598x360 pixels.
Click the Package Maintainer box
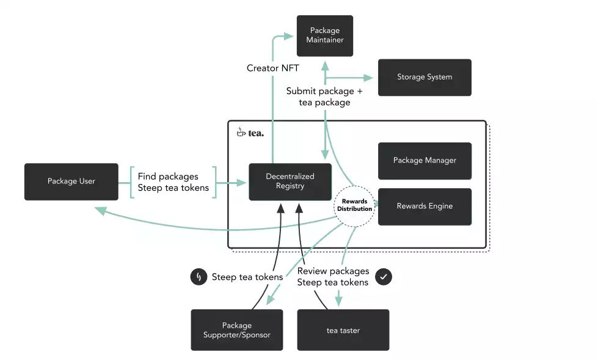[x=324, y=35]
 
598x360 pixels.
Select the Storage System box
[x=425, y=77]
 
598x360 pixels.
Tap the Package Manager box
[x=425, y=160]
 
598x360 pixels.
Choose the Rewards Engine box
[x=425, y=206]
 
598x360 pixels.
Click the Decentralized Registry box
[x=290, y=182]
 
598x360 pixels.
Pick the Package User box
[x=71, y=182]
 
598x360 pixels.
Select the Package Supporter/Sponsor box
[x=236, y=330]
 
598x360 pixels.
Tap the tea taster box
[x=343, y=330]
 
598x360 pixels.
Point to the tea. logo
[x=250, y=132]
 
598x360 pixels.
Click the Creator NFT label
[x=273, y=68]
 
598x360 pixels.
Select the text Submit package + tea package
[x=324, y=97]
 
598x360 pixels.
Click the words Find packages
[x=168, y=175]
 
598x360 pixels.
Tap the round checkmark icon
[x=384, y=277]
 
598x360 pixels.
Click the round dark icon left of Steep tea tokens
[x=198, y=277]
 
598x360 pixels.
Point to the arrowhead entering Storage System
[x=368, y=78]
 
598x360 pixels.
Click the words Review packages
[x=333, y=271]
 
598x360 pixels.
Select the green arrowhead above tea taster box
[x=337, y=301]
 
